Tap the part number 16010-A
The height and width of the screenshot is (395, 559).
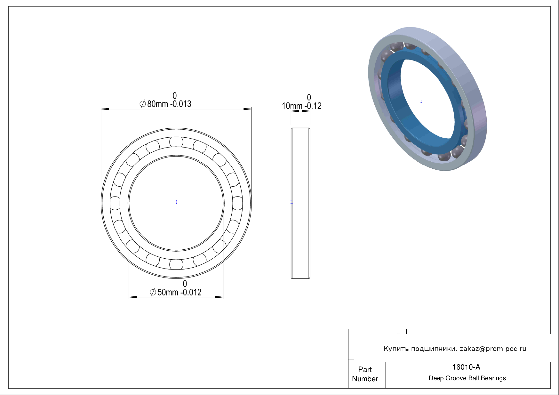(x=466, y=367)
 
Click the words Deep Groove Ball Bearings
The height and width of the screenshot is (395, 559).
(x=467, y=378)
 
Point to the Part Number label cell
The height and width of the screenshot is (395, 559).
(x=365, y=374)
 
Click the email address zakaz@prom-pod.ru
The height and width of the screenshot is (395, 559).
(x=493, y=349)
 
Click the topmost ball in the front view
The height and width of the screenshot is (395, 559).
(x=176, y=142)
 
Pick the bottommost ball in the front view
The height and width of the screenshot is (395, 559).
(x=176, y=264)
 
